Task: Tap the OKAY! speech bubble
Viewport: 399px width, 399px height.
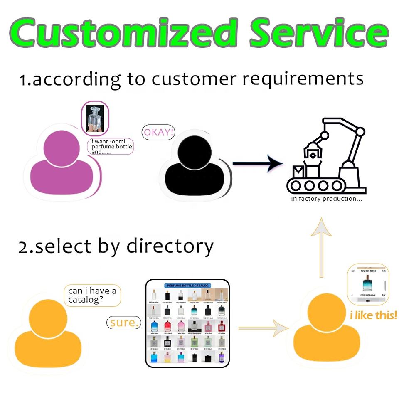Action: pyautogui.click(x=158, y=133)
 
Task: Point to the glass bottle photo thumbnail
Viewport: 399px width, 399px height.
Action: pyautogui.click(x=95, y=118)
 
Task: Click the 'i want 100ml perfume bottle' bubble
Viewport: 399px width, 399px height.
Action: pyautogui.click(x=112, y=147)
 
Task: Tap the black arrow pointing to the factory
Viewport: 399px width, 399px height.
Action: pyautogui.click(x=257, y=163)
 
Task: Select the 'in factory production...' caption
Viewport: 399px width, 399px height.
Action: pyautogui.click(x=326, y=199)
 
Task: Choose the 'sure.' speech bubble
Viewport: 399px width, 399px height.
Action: pyautogui.click(x=124, y=322)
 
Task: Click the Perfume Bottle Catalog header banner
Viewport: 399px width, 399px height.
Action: pyautogui.click(x=187, y=286)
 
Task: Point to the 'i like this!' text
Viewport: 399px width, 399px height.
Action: pyautogui.click(x=373, y=315)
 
